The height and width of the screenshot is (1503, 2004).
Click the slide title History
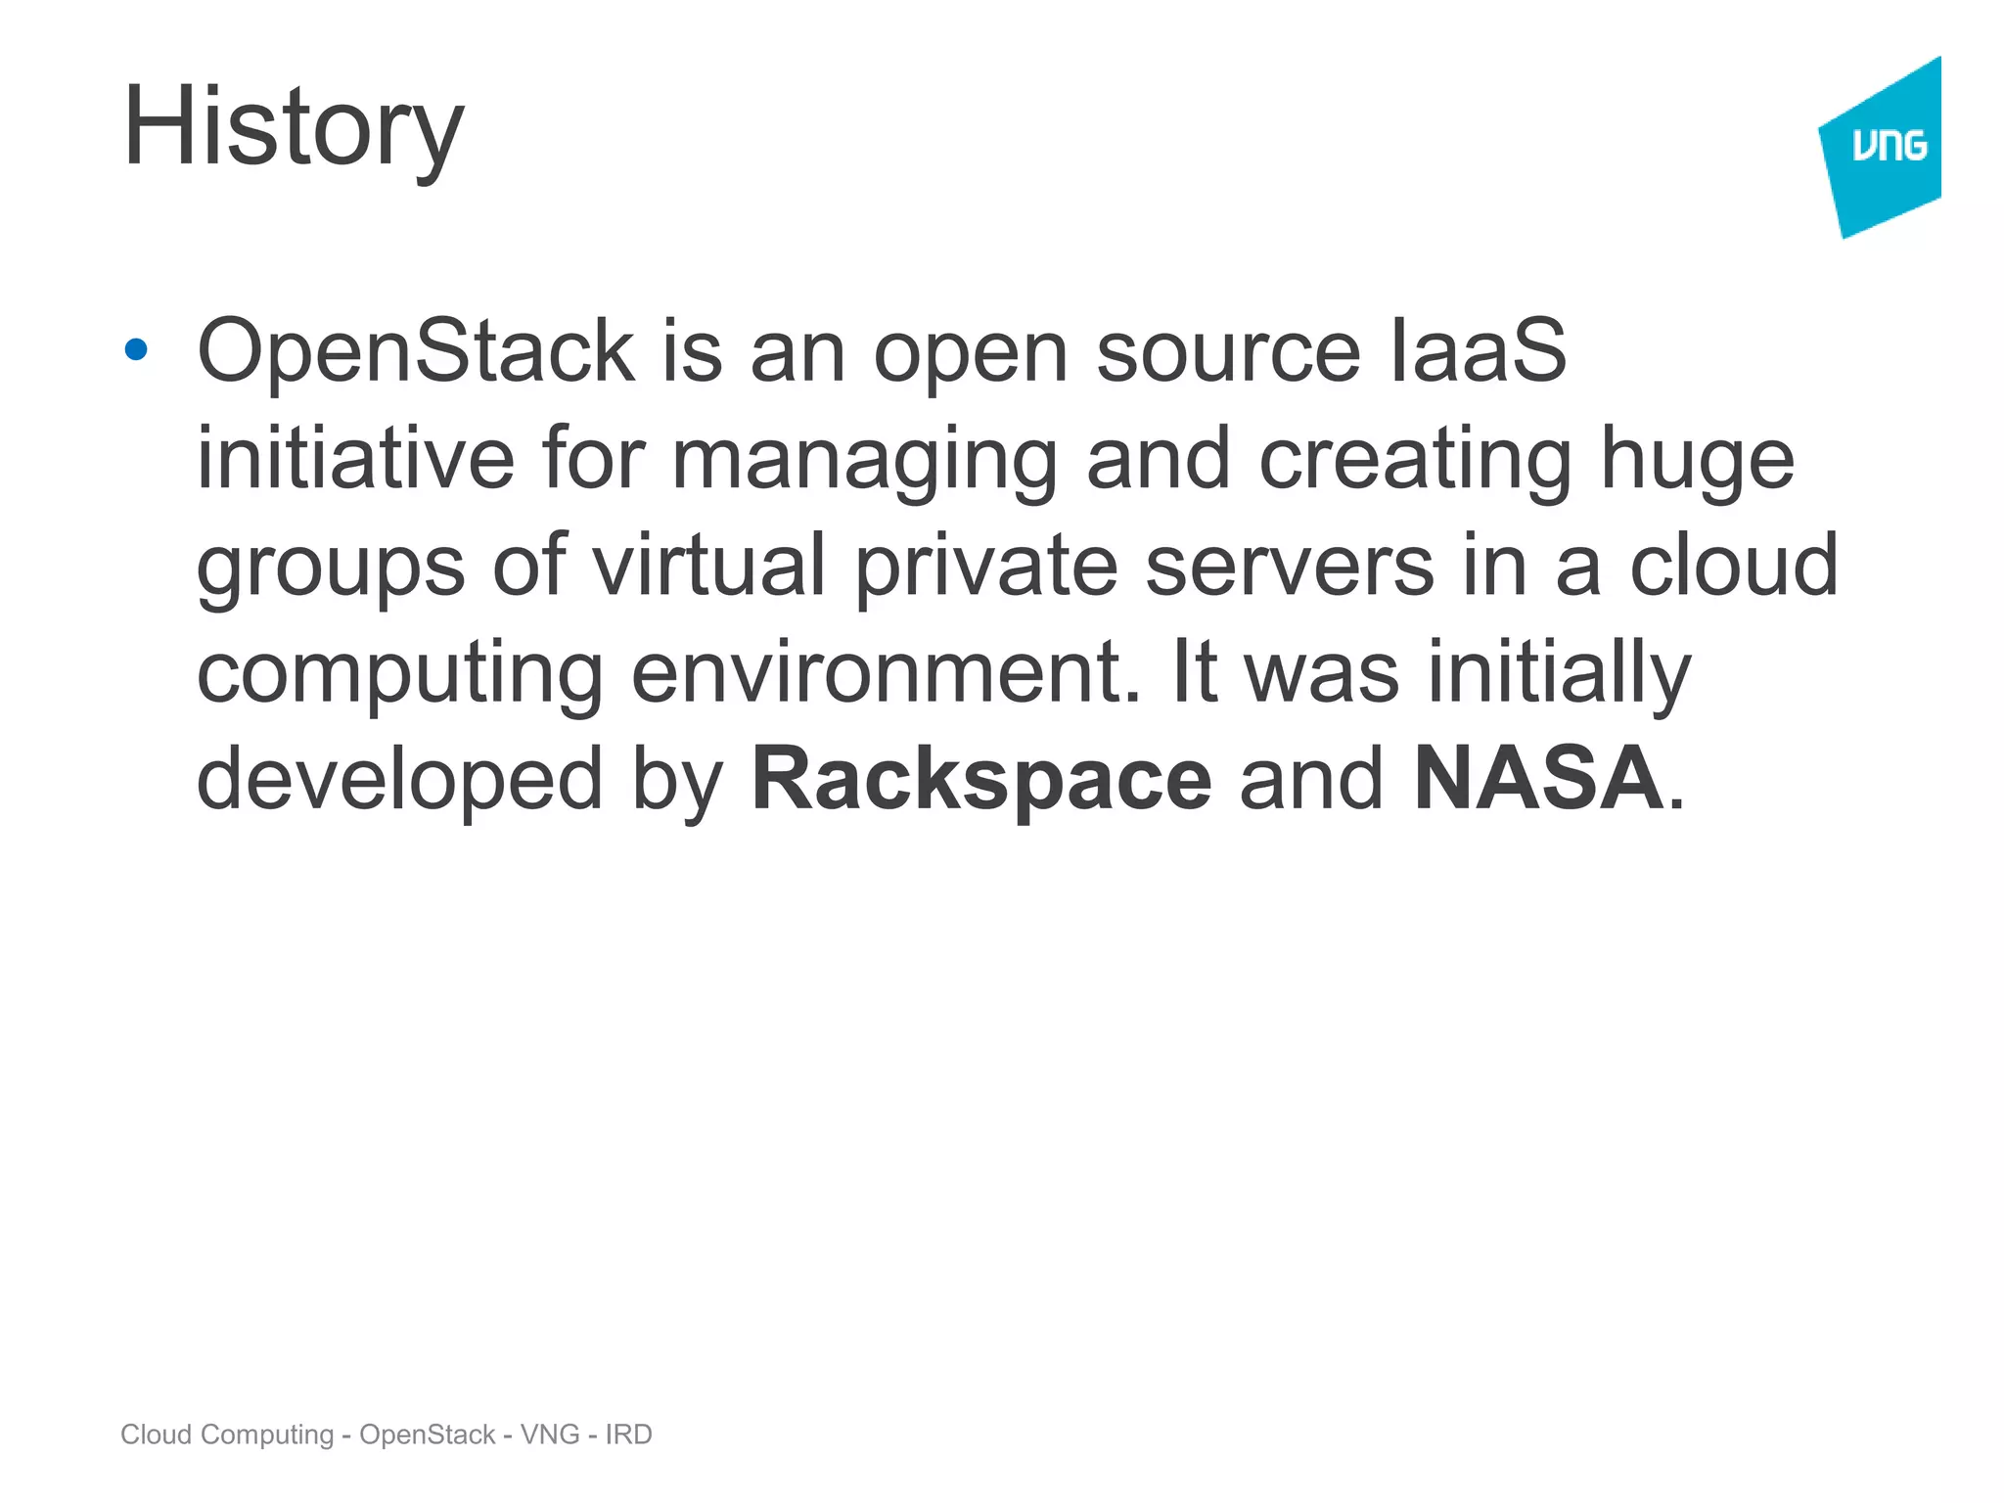pos(293,127)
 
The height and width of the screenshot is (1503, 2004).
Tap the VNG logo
pos(1885,147)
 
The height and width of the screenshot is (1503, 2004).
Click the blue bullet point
pos(136,349)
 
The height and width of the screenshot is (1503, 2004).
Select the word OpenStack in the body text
pos(416,351)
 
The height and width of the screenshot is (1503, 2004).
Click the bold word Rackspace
pos(981,780)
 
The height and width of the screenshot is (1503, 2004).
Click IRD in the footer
pos(628,1435)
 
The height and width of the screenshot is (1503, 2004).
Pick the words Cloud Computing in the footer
pos(227,1435)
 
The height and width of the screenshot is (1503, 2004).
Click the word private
pos(986,568)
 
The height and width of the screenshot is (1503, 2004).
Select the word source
pos(1228,353)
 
